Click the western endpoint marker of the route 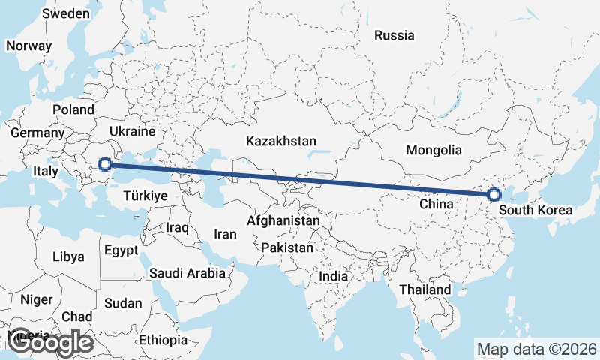[105, 163]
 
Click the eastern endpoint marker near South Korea [493, 195]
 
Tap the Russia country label [394, 35]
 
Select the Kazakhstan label [281, 141]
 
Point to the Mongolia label [433, 150]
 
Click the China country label [435, 204]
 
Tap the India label [333, 276]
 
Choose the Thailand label [425, 289]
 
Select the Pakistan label [287, 247]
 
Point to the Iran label [225, 234]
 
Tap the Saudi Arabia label [187, 273]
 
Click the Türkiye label [145, 196]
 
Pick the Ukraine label [131, 131]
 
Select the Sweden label [67, 13]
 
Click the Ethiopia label [163, 340]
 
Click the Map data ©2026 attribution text [536, 349]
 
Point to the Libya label [68, 256]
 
